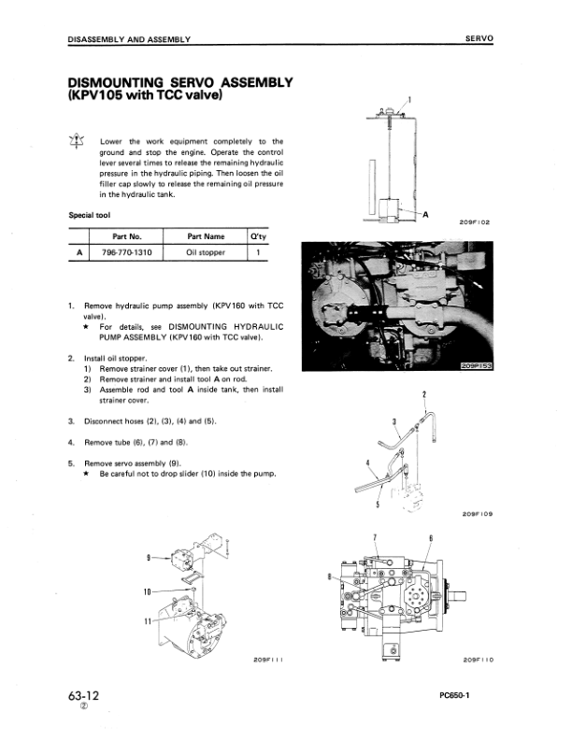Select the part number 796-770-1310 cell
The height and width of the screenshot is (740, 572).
pos(125,252)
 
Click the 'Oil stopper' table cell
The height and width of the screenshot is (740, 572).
pos(205,252)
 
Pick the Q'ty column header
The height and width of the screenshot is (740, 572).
pos(259,236)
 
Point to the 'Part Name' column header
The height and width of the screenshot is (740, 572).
pos(205,236)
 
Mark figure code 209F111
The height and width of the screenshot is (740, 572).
pos(267,660)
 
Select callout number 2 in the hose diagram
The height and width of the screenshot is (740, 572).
pos(424,394)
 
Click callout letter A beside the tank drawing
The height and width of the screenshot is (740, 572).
pos(426,214)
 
